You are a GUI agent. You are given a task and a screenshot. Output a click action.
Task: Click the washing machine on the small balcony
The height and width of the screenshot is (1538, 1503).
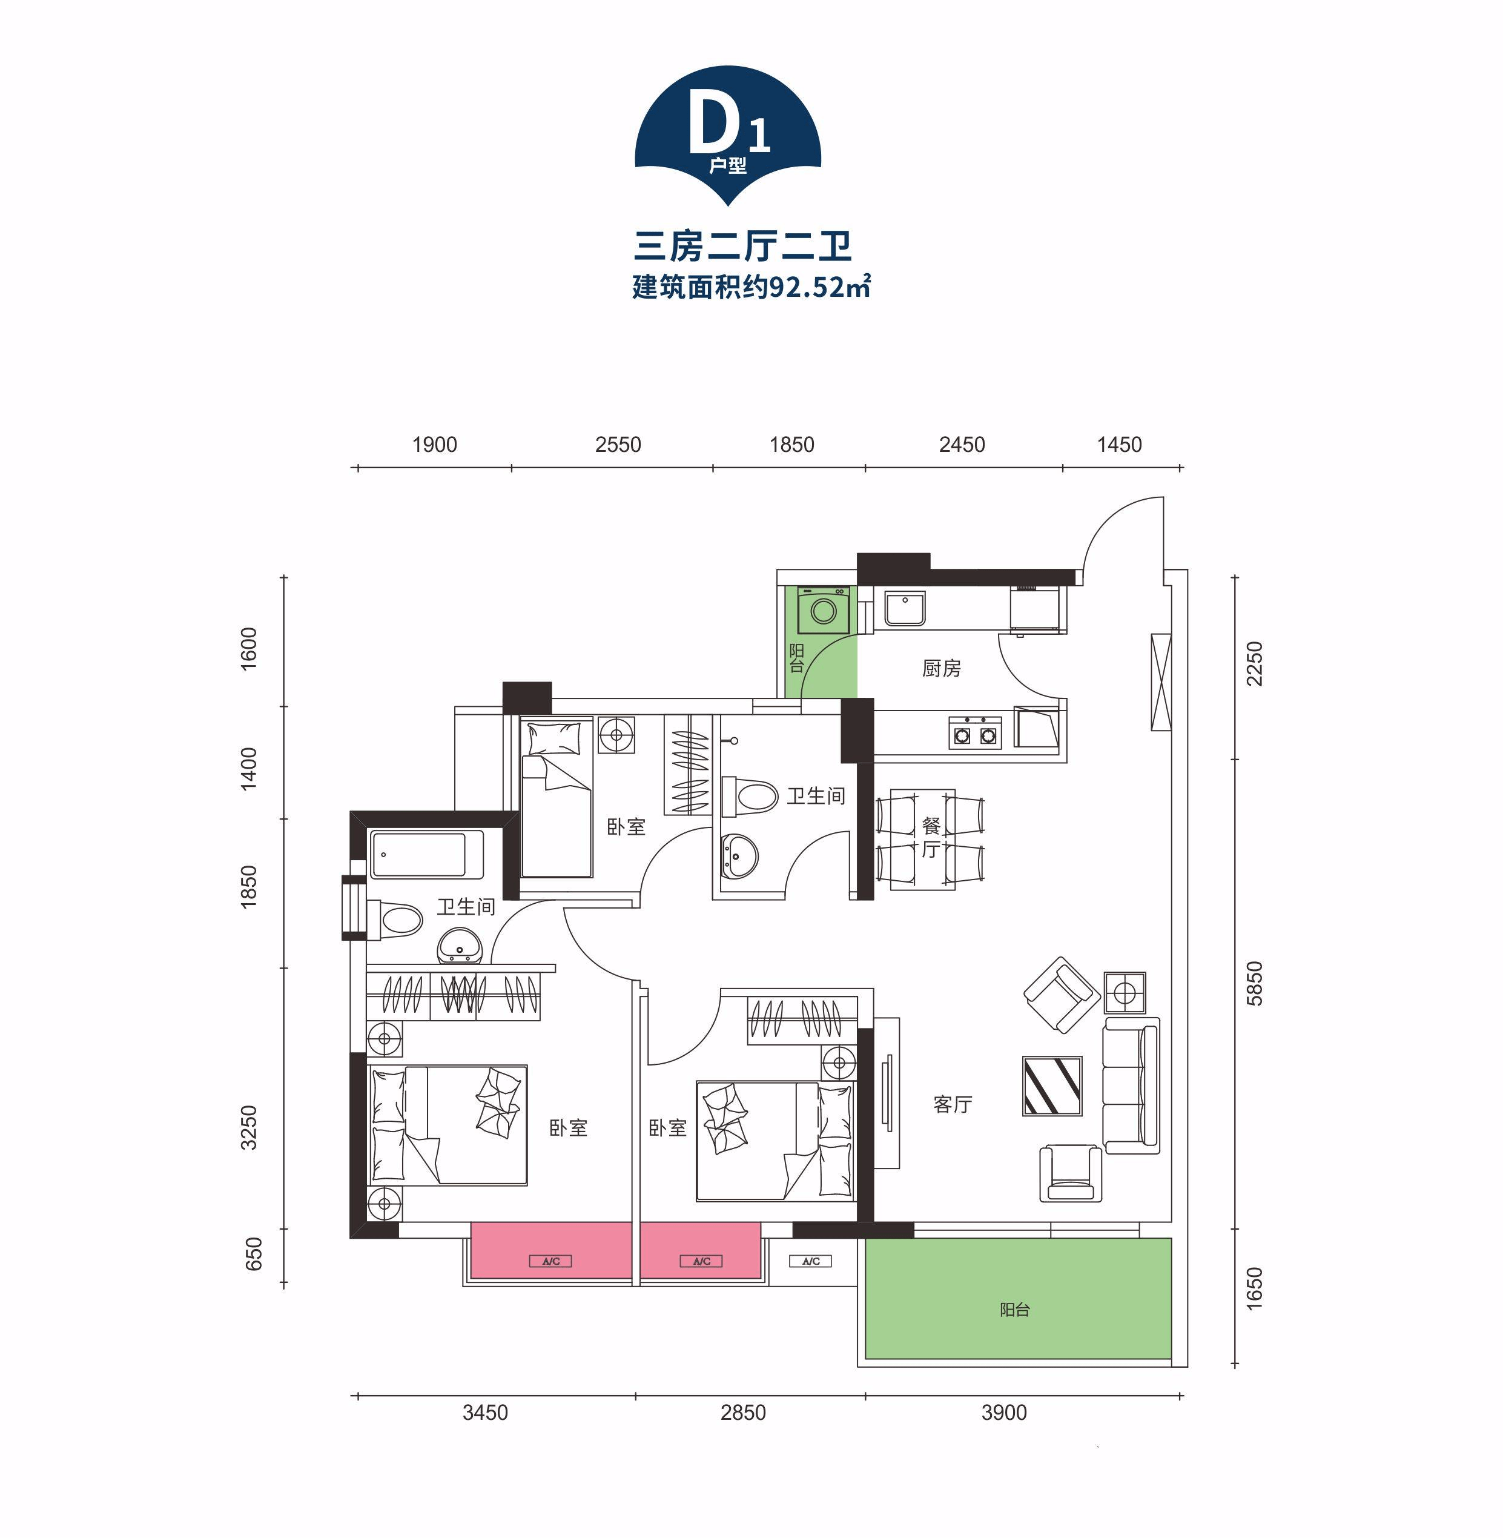[824, 611]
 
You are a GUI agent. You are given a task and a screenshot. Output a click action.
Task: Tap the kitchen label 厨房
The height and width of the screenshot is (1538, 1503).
[941, 669]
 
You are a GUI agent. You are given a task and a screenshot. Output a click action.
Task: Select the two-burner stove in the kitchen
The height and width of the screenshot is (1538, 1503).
[975, 732]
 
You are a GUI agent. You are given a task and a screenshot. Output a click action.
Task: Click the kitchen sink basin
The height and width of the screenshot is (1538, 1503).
[905, 609]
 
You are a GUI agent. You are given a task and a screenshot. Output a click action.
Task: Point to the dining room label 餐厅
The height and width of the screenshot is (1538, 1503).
[931, 838]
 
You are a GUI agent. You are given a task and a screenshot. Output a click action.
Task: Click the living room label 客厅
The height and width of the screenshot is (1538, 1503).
[953, 1104]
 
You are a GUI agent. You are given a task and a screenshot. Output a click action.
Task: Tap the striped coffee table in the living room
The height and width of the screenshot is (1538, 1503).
[1052, 1086]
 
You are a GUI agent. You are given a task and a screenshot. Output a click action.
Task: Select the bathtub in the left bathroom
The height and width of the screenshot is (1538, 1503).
[427, 854]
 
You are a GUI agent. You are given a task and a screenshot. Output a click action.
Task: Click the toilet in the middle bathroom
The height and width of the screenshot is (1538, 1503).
[749, 796]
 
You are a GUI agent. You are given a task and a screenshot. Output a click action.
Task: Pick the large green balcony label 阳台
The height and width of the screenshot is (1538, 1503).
[1014, 1310]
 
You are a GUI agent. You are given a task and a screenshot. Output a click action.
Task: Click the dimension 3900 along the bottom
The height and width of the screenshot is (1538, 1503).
[1004, 1413]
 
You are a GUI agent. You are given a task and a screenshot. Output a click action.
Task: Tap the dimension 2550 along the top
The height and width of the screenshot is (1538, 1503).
[618, 445]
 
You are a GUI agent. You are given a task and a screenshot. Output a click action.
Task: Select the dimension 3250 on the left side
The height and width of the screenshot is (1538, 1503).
[249, 1127]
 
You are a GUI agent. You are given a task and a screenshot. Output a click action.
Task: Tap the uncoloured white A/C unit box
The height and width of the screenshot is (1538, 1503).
[811, 1261]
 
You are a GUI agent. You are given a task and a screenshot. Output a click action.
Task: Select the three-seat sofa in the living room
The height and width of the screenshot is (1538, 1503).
[1131, 1086]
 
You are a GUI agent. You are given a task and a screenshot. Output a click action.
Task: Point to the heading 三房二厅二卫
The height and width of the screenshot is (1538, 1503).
[743, 245]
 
